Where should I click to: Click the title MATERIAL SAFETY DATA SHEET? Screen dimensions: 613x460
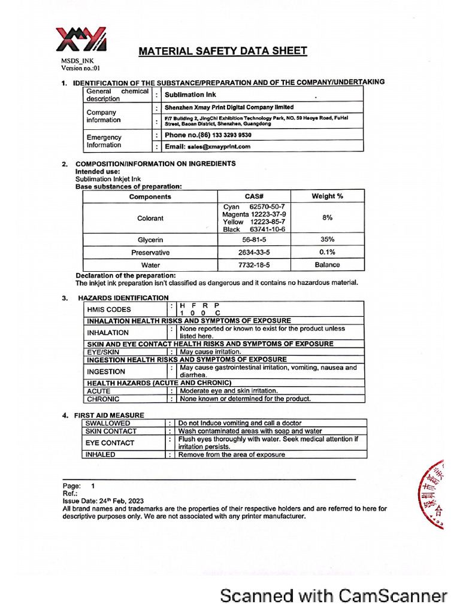click(223, 51)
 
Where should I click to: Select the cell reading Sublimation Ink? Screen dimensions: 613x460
click(190, 95)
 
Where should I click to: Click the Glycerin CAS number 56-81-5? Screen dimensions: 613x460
click(254, 239)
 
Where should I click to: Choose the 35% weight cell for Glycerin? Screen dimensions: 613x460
click(327, 239)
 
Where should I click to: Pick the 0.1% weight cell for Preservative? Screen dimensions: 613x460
click(327, 252)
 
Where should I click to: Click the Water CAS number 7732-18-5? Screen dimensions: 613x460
click(254, 265)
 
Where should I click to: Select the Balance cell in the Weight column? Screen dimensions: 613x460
click(327, 265)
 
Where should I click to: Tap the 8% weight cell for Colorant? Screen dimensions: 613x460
click(327, 218)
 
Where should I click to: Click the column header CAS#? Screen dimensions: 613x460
click(254, 196)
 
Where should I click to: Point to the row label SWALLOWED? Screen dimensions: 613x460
click(108, 423)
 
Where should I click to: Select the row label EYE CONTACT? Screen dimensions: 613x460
click(110, 443)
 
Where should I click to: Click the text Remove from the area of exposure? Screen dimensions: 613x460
click(232, 454)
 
